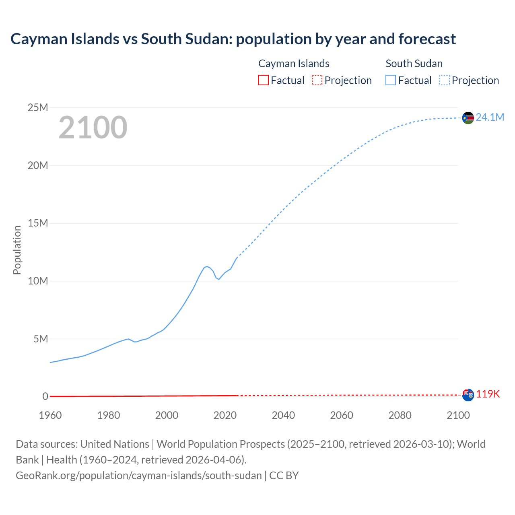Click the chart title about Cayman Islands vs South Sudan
[233, 39]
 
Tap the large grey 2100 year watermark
[93, 128]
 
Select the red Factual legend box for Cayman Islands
[263, 80]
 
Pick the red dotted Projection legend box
[317, 80]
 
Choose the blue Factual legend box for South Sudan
[391, 80]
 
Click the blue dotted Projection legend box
[445, 80]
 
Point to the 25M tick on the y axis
[37, 107]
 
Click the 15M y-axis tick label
[37, 223]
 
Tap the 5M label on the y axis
[41, 339]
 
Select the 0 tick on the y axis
[45, 396]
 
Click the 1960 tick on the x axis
[50, 415]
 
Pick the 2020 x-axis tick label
[225, 415]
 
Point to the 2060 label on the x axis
[342, 415]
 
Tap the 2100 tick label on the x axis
[458, 415]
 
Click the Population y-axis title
[17, 250]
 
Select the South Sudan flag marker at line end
[468, 118]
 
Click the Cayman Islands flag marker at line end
[468, 395]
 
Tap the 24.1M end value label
[490, 117]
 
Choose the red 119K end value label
[488, 394]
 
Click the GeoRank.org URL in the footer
[139, 475]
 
